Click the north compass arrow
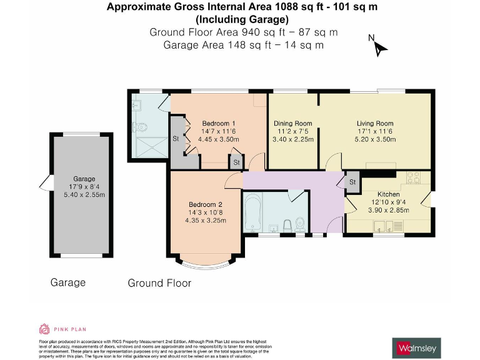tap(381, 46)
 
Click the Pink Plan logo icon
tap(44, 329)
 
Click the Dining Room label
tap(292, 123)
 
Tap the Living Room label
tap(375, 123)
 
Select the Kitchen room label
tap(388, 194)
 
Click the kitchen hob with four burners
tap(416, 179)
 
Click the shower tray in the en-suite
tap(143, 147)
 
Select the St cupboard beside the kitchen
tap(352, 182)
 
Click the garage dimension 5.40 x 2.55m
tap(84, 194)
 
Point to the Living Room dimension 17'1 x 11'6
tap(375, 131)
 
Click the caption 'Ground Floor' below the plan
tap(159, 283)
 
